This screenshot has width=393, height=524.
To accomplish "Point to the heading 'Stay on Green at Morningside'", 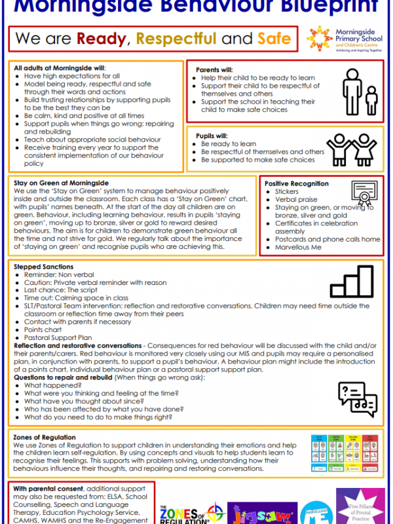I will pos(62,183).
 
